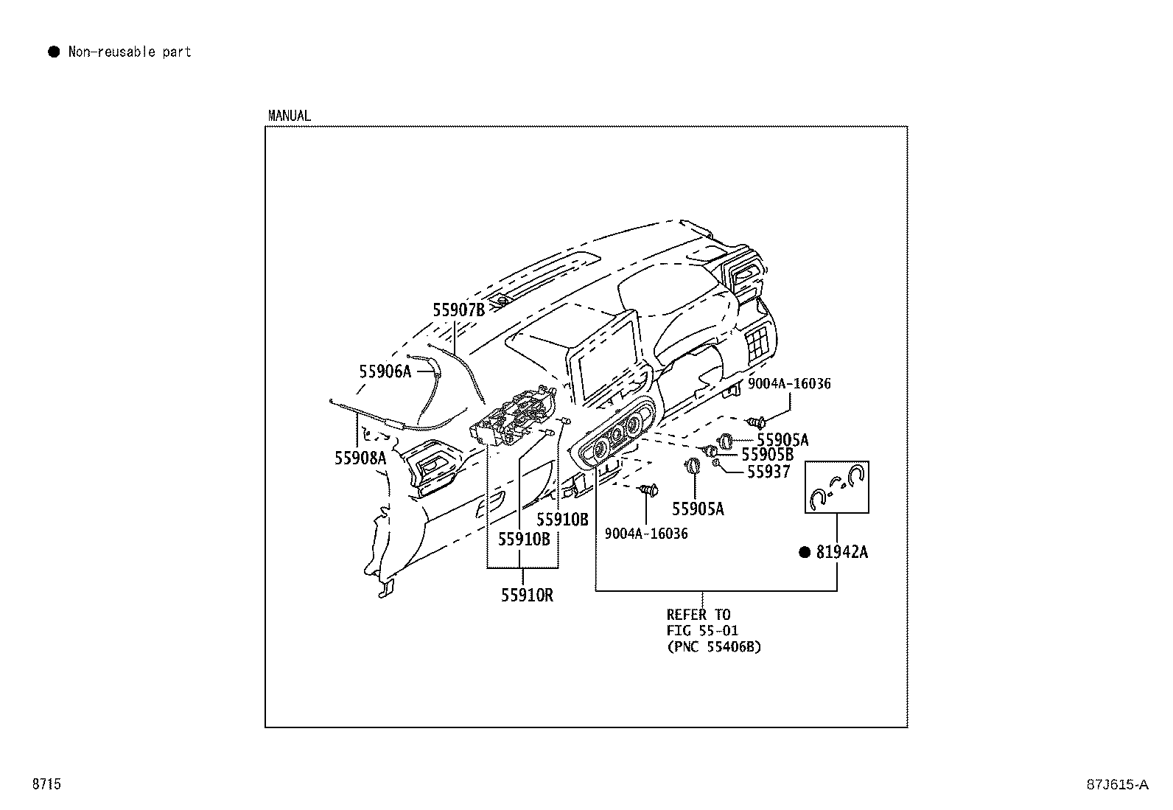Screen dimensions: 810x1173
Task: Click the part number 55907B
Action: [458, 310]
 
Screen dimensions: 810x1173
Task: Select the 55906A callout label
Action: [385, 371]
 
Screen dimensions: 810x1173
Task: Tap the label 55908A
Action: [360, 458]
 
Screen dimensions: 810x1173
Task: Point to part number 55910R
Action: [527, 595]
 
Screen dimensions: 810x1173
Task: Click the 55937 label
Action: [768, 472]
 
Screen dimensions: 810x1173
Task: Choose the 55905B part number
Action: [767, 455]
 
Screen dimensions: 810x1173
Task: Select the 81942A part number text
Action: [841, 552]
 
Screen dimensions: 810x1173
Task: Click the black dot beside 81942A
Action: [805, 552]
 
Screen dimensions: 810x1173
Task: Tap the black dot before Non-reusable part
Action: [54, 52]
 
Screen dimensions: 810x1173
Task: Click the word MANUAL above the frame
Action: [290, 116]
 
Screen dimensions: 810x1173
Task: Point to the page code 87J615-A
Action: [1116, 785]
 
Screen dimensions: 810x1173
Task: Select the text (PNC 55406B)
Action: [714, 647]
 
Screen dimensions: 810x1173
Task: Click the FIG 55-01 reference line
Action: [702, 631]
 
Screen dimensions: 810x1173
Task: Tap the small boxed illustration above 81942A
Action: [837, 487]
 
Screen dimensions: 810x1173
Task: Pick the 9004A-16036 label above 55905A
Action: [788, 384]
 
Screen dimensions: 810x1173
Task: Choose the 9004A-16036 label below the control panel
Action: [646, 534]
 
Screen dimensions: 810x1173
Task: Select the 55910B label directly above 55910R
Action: [524, 539]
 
